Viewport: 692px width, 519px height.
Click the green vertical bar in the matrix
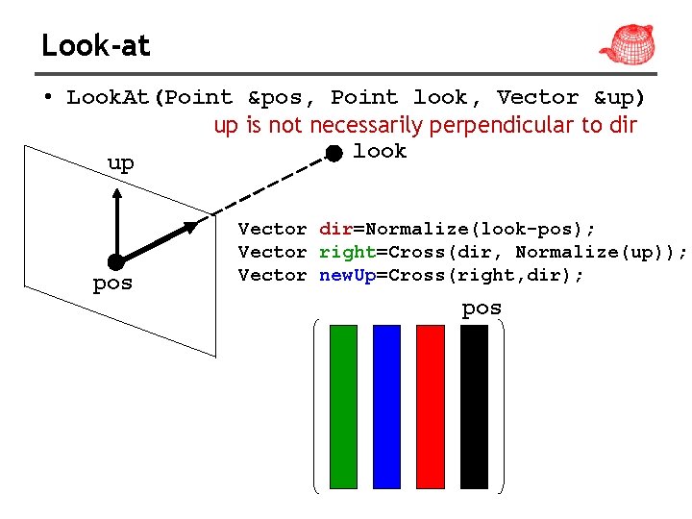tap(343, 407)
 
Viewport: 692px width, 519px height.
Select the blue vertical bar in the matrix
tap(386, 407)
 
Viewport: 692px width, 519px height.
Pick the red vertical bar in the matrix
tap(431, 407)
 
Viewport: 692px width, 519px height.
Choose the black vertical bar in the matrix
tap(475, 407)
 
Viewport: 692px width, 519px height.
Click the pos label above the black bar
tap(482, 309)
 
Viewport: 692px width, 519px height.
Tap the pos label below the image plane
tap(112, 284)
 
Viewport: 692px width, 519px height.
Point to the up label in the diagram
tap(121, 163)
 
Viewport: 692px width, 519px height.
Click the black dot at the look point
tap(333, 154)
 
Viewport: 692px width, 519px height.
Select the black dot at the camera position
tap(116, 261)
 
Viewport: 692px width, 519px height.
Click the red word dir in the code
tap(335, 229)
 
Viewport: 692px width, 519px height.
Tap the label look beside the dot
tap(380, 151)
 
